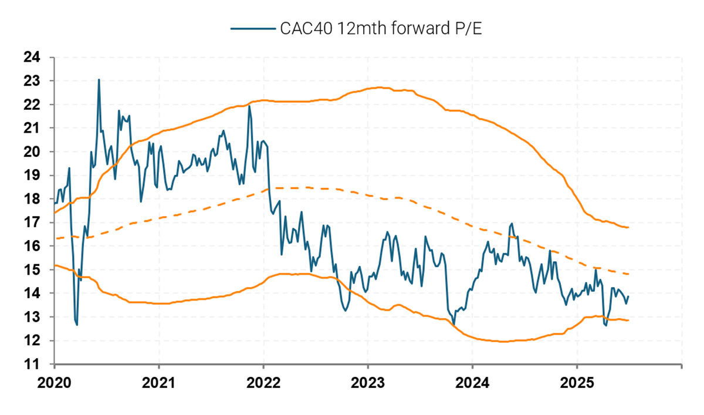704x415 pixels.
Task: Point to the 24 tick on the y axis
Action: click(x=32, y=57)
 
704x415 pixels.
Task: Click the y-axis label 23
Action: click(x=32, y=80)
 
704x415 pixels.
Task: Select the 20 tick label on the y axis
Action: click(x=32, y=151)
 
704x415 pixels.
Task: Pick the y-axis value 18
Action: click(x=32, y=199)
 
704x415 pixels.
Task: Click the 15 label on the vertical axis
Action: click(x=32, y=270)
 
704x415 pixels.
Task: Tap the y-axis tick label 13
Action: click(x=32, y=317)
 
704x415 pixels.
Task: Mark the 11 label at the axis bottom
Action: click(x=32, y=365)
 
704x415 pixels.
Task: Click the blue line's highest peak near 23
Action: click(x=99, y=79)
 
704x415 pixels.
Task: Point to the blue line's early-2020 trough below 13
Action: click(x=77, y=325)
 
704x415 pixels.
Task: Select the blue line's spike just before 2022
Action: click(x=249, y=106)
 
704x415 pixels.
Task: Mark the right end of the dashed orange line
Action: click(x=628, y=274)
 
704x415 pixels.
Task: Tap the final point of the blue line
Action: click(x=628, y=296)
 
